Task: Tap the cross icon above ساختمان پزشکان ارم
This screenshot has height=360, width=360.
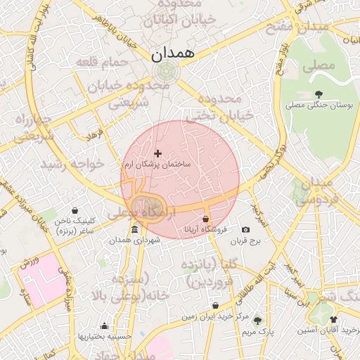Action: coord(157,153)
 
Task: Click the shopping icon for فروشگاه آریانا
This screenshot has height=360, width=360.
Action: coord(206,219)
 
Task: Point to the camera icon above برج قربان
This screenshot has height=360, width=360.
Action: coord(245,230)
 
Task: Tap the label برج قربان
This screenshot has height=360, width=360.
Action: coord(245,240)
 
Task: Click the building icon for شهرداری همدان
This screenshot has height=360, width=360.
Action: coord(135,230)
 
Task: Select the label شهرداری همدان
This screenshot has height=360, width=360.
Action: coord(135,240)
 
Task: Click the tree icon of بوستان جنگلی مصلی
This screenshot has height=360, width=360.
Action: coord(319,94)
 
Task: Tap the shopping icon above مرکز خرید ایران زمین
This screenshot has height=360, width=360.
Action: coord(215,306)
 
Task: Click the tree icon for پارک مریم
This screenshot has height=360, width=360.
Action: coord(257,320)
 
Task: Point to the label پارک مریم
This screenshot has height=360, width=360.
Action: coord(257,330)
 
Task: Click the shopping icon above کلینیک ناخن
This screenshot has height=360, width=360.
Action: coord(75,210)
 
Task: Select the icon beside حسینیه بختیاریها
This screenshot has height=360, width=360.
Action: coord(105,326)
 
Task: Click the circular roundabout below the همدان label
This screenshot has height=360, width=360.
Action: coord(166,71)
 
